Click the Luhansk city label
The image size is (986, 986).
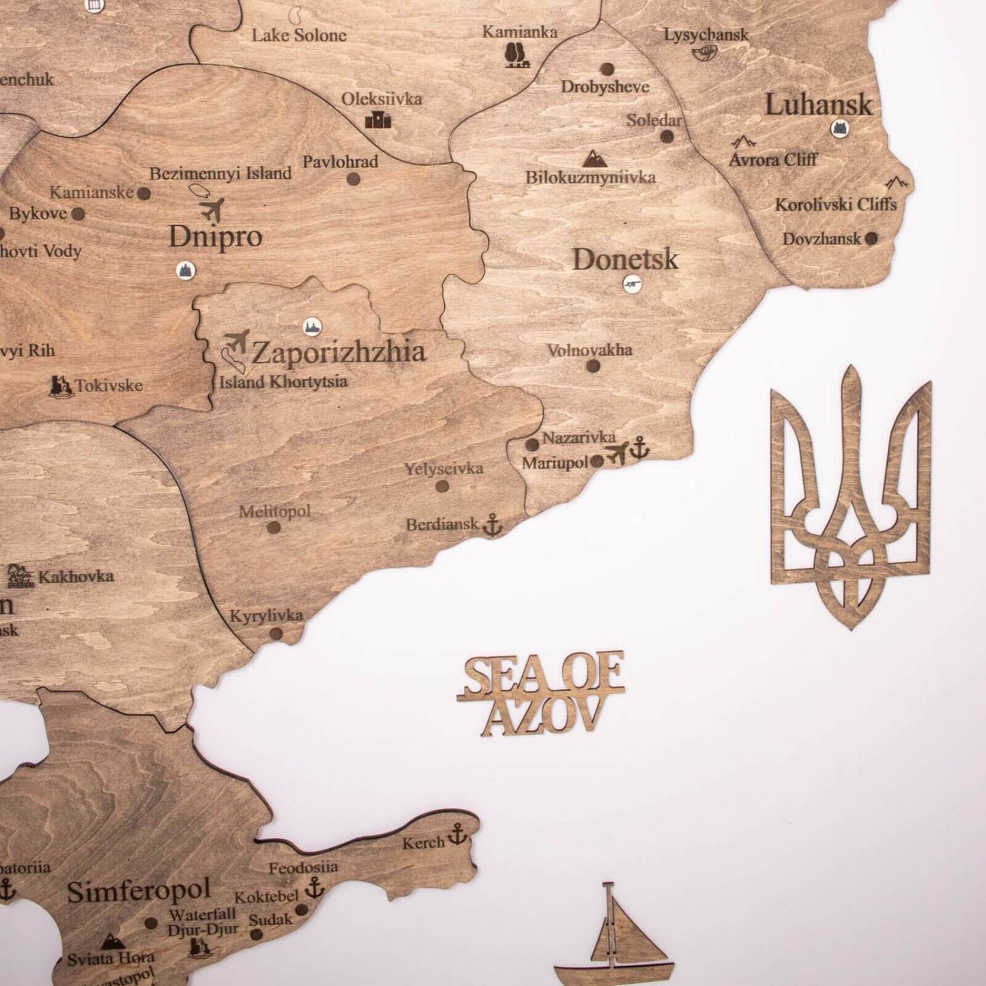[818, 105]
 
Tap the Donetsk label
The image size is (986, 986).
[625, 260]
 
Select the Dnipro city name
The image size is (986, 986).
[215, 237]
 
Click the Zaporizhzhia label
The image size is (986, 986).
[338, 353]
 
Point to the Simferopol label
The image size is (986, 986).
[139, 891]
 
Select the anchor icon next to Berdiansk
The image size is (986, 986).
[492, 525]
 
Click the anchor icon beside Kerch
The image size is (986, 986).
[456, 834]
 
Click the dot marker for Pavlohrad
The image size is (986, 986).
[353, 179]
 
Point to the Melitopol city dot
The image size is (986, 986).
[274, 527]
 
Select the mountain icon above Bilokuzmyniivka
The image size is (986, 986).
[591, 159]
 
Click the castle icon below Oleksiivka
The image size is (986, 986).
[378, 120]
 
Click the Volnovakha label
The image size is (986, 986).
[590, 350]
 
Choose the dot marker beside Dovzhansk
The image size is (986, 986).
[871, 239]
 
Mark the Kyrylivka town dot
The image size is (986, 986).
[276, 633]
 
